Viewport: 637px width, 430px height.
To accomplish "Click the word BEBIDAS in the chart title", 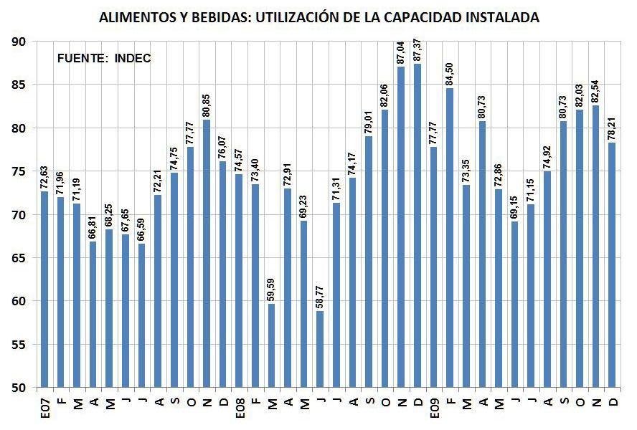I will click(x=203, y=17).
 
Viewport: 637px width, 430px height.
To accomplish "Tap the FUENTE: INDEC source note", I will click(x=104, y=59).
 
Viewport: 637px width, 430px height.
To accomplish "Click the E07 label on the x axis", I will click(x=45, y=411).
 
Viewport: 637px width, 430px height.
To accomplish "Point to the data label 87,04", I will click(x=401, y=49).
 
